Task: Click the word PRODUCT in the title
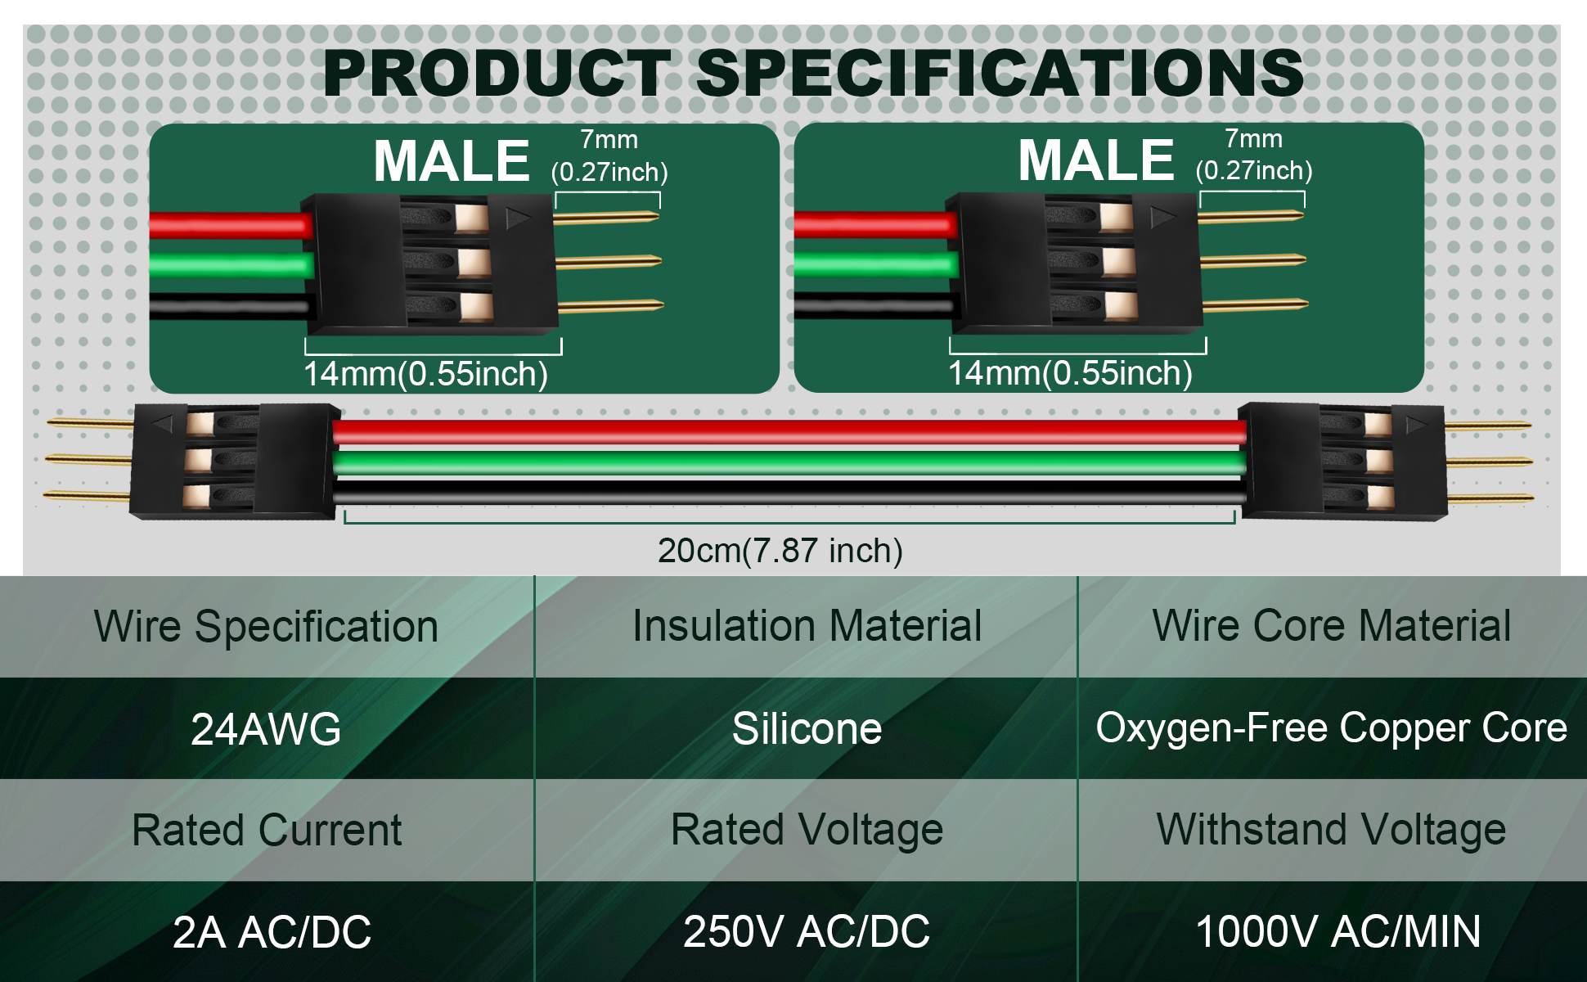click(497, 74)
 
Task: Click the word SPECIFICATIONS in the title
click(1000, 74)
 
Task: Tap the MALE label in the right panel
click(1096, 160)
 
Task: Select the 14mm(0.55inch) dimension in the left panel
click(425, 374)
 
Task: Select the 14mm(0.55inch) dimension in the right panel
click(1070, 373)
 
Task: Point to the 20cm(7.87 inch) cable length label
click(780, 550)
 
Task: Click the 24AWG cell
click(266, 728)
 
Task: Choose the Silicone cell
click(807, 728)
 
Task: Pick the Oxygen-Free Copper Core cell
click(1331, 727)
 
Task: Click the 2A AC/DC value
click(272, 932)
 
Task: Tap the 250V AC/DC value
click(807, 931)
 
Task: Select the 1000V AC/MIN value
click(1338, 931)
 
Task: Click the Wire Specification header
click(266, 627)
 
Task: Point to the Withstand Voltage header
click(1331, 830)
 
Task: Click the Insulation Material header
click(807, 626)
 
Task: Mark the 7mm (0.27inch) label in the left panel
click(609, 155)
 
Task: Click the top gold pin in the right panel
click(1252, 217)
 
